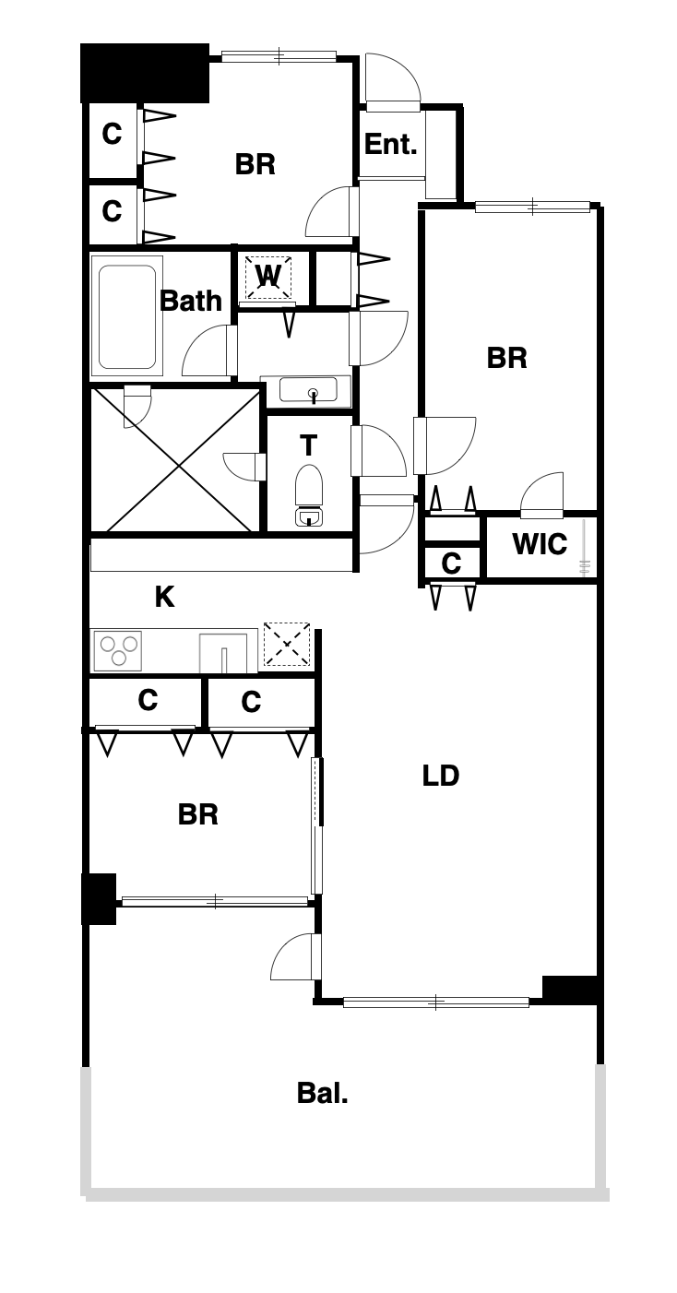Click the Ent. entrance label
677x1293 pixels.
click(x=390, y=144)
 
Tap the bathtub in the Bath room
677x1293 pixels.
click(x=127, y=317)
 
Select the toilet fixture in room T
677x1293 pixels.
click(x=309, y=495)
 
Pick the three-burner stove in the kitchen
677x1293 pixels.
click(x=118, y=650)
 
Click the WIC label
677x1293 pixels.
click(x=540, y=544)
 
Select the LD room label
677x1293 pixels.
click(x=440, y=776)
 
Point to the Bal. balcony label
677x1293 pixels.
click(x=322, y=1093)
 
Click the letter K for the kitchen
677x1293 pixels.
click(x=164, y=597)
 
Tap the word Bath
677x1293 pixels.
click(x=190, y=301)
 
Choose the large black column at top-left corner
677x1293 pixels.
click(x=144, y=73)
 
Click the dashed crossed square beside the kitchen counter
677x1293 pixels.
click(x=287, y=644)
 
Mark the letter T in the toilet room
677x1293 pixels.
click(x=309, y=445)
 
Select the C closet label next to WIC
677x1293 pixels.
click(x=451, y=563)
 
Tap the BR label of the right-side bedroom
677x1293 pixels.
click(x=506, y=358)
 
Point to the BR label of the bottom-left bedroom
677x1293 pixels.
click(x=198, y=814)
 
